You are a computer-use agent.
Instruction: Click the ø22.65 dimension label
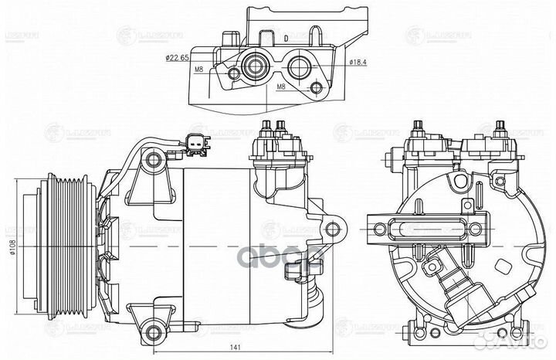point(178,57)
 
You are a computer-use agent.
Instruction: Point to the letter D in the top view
point(285,37)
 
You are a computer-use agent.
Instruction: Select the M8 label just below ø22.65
point(199,70)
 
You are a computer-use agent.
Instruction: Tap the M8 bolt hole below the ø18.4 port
point(316,88)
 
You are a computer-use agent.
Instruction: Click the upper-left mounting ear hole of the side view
point(154,160)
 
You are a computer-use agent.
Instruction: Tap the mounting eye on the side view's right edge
point(333,229)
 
